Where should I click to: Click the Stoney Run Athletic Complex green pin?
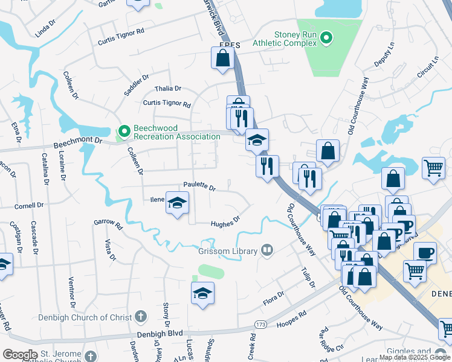point(327,39)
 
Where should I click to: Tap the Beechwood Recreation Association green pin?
point(123,130)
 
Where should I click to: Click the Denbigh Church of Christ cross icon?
point(140,316)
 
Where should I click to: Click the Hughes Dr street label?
point(225,223)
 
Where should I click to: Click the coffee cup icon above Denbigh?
point(424,252)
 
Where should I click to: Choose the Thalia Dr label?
point(168,88)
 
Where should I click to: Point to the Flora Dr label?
point(273,298)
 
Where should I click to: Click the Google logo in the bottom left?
point(20,354)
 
